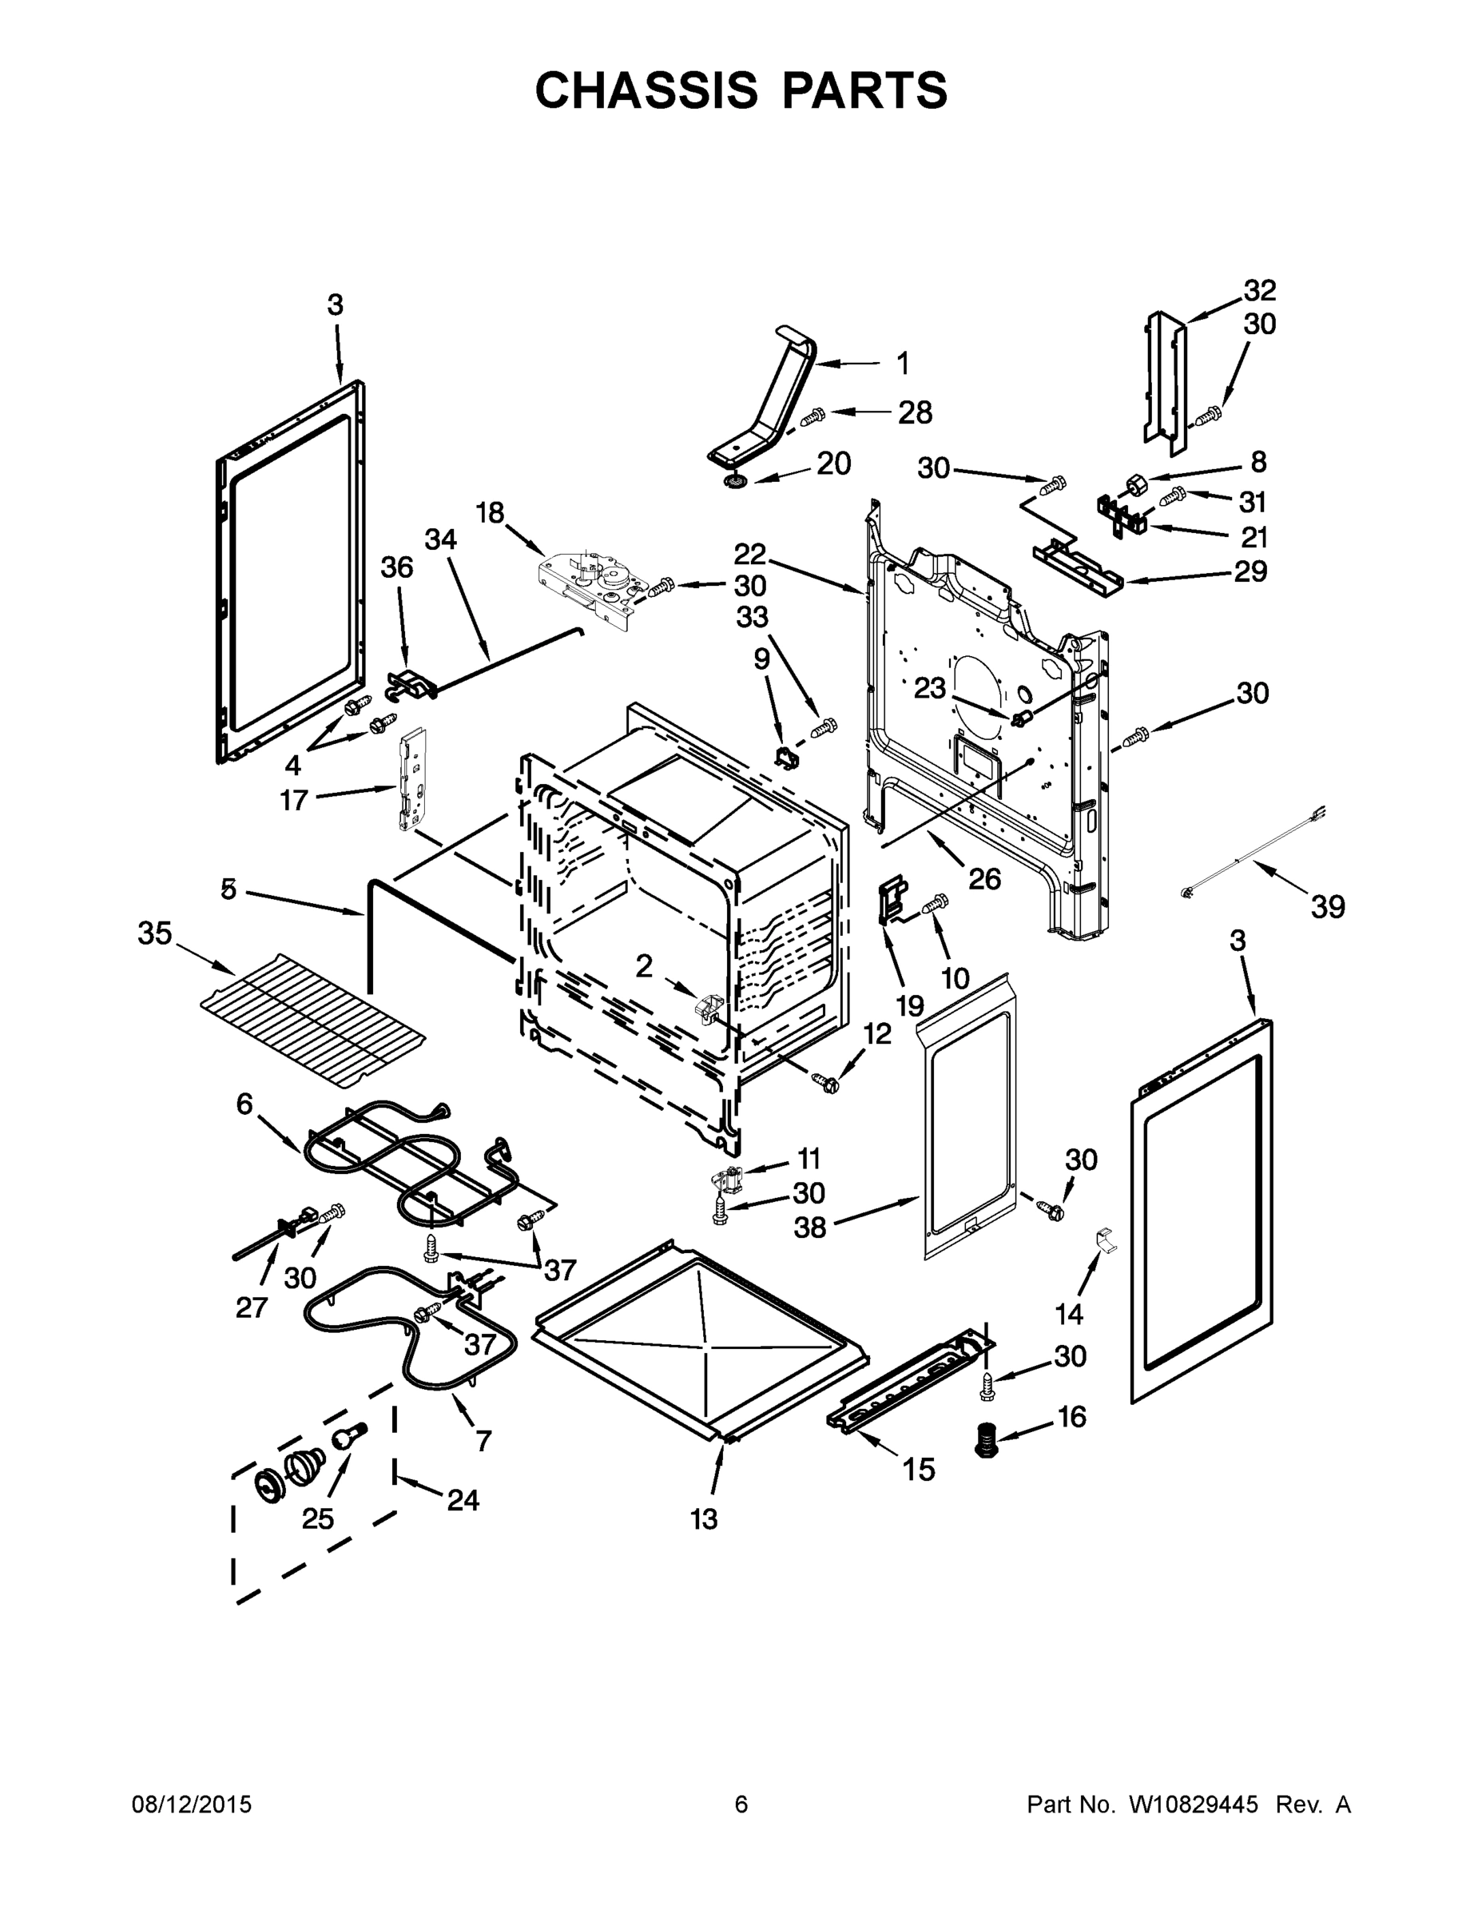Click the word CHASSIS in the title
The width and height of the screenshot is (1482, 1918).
coord(646,90)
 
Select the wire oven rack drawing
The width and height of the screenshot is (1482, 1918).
coord(312,1019)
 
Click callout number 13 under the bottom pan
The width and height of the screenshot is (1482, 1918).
coord(703,1518)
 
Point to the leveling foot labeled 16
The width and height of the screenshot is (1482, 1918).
coord(988,1441)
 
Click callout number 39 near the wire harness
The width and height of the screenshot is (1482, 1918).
coord(1328,906)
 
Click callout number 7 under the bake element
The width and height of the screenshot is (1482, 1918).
coord(483,1440)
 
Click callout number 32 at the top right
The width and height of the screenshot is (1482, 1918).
coord(1260,290)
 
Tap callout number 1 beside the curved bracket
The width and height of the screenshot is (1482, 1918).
coord(903,363)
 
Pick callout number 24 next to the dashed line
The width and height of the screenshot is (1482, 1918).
coord(463,1500)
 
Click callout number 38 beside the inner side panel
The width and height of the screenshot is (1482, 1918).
coord(809,1227)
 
